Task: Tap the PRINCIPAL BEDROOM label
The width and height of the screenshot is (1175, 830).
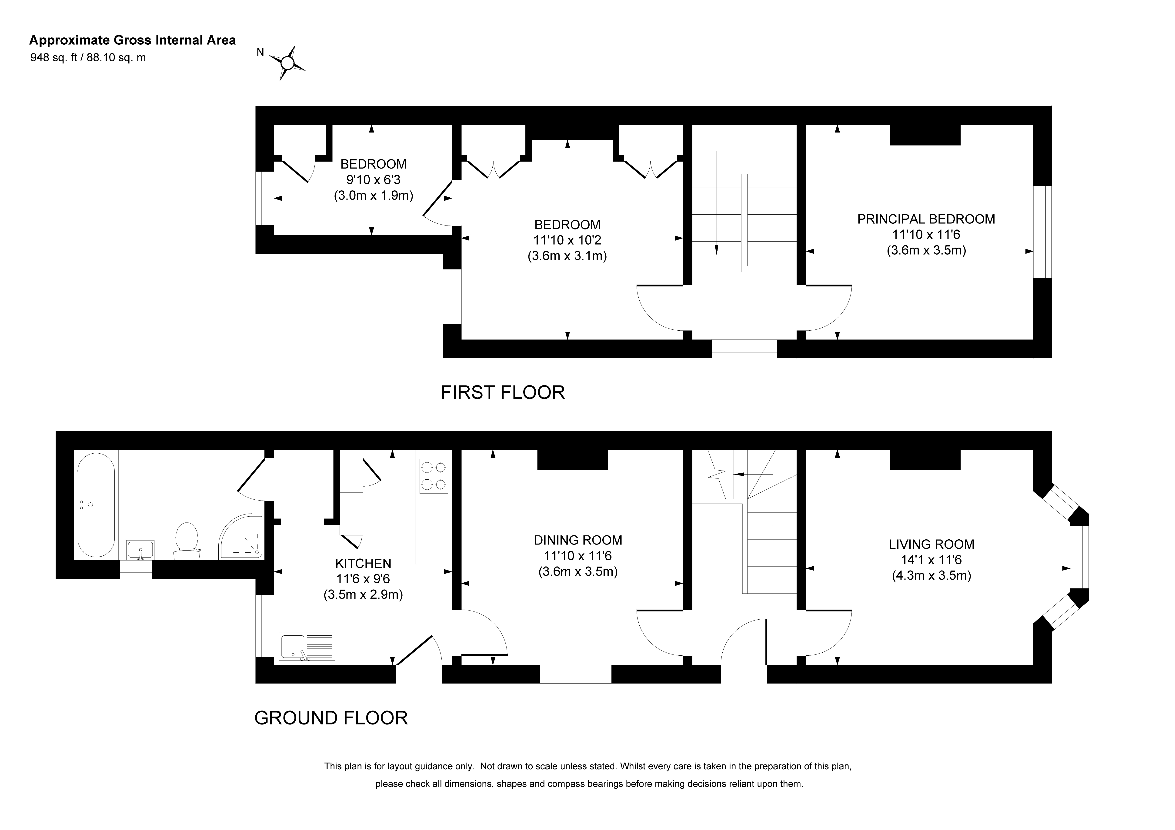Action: pos(926,219)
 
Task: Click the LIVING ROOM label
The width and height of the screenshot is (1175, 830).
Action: pos(931,544)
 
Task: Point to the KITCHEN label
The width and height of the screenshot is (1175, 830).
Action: pos(363,563)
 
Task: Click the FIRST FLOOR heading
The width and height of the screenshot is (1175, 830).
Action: pos(503,392)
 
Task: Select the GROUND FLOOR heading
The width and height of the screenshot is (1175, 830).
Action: pos(331,718)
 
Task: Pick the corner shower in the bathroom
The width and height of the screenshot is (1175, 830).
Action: pos(242,536)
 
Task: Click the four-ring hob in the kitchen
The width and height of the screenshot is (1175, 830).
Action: pos(434,476)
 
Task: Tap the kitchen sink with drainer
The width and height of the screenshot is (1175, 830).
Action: pos(307,646)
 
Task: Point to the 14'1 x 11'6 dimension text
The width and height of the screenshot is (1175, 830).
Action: pos(931,560)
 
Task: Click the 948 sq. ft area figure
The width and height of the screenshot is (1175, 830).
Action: pos(54,57)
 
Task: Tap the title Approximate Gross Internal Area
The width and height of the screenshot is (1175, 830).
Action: pos(133,40)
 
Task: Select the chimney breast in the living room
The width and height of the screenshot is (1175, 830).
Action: pos(925,459)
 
